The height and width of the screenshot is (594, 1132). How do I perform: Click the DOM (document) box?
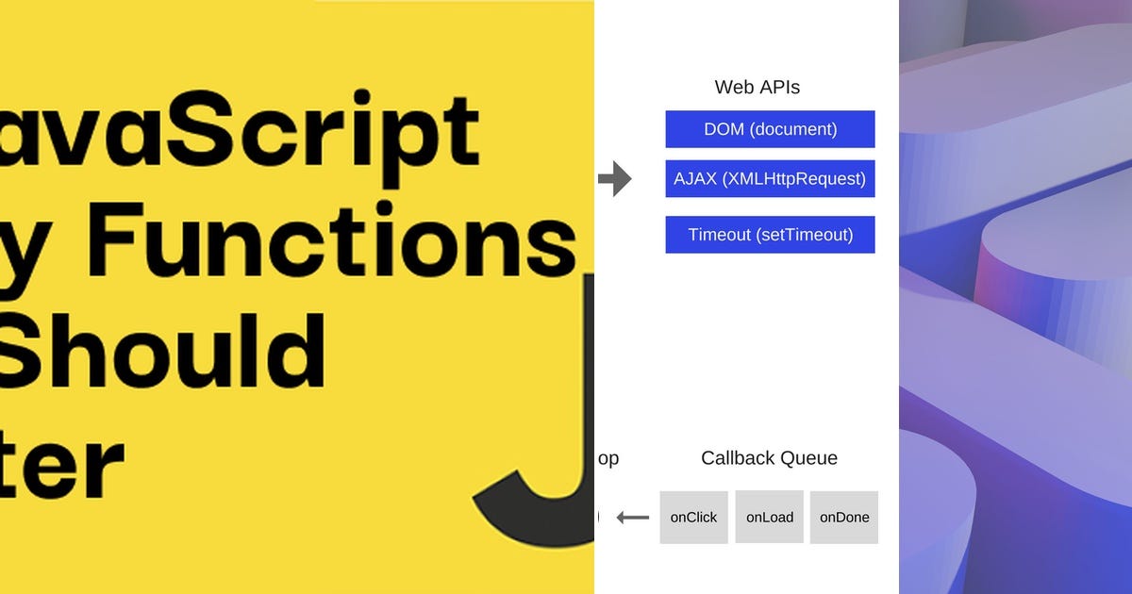770,129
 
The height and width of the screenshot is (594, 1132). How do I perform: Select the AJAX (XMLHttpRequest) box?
770,178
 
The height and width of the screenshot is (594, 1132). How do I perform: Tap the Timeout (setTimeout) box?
770,235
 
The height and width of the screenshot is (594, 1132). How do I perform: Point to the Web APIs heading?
757,88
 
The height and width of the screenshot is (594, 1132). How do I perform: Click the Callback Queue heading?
769,458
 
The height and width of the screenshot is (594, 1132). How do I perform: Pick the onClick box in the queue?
693,517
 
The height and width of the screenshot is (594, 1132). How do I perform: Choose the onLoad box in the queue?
770,517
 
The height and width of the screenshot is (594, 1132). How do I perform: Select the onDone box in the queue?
844,517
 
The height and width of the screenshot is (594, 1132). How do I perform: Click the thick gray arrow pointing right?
615,178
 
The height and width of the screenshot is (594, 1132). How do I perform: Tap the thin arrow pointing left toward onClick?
633,518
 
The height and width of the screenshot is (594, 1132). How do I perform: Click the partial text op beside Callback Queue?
608,459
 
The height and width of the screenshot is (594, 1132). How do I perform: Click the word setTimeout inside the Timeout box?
804,235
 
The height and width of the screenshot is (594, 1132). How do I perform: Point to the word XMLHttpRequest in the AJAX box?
793,178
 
